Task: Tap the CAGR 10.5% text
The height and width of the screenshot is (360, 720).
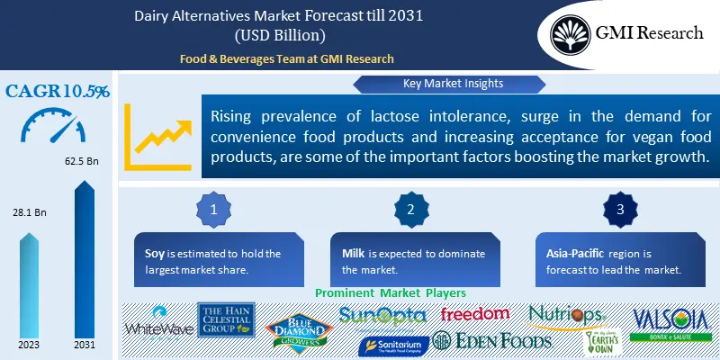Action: [x=58, y=91]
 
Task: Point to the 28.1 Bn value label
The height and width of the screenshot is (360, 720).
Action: [x=31, y=212]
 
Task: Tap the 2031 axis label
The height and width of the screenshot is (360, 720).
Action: [x=84, y=346]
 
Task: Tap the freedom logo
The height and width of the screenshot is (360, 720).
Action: [x=475, y=315]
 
